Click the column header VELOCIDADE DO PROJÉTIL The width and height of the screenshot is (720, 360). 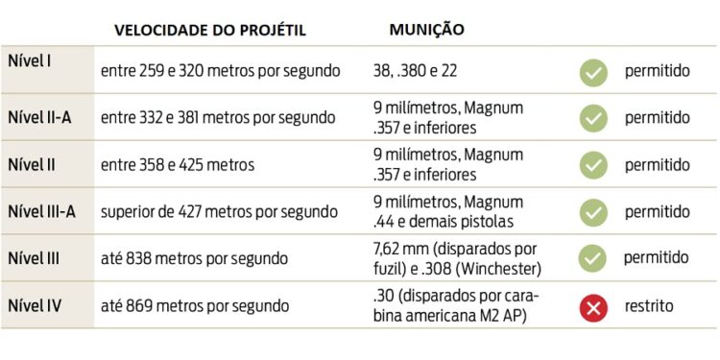coord(209,30)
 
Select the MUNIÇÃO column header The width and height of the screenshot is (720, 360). coord(426,30)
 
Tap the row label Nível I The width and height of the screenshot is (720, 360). coord(30,60)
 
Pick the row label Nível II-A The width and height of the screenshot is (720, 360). coord(39,118)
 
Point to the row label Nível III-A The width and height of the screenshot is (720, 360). coord(42,211)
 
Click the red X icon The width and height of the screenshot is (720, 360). coord(593,307)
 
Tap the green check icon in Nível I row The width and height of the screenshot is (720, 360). coord(593,71)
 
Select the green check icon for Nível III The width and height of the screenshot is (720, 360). coord(593,259)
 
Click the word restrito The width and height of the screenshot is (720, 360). coord(649,307)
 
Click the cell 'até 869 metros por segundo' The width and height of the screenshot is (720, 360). coord(195,307)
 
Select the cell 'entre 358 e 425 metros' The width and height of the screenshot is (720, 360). coord(178,165)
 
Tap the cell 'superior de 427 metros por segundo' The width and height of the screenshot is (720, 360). coord(219,212)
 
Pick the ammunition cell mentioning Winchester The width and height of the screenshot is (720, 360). coord(455,259)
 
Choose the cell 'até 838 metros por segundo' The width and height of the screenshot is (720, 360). coord(194,259)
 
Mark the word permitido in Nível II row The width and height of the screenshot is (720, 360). coord(658,165)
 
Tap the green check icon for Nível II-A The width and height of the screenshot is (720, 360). coord(593,118)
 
